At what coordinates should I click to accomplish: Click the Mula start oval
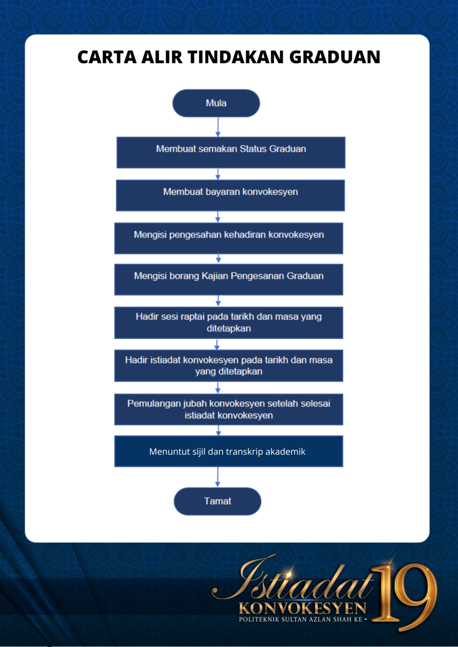click(x=216, y=103)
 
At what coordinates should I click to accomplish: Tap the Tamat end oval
click(x=217, y=501)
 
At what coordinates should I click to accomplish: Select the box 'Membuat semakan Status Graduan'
click(x=231, y=152)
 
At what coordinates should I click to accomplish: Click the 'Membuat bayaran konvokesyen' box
click(x=230, y=196)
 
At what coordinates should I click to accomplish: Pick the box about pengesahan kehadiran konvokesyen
click(x=229, y=238)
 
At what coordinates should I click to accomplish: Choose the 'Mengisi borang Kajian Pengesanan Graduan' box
click(x=229, y=280)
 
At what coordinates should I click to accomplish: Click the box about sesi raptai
click(x=229, y=323)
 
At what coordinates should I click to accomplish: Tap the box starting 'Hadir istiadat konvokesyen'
click(x=229, y=366)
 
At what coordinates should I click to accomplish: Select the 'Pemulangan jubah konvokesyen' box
click(x=229, y=409)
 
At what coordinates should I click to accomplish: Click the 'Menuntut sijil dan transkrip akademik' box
click(x=229, y=451)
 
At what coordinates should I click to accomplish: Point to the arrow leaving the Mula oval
click(x=218, y=127)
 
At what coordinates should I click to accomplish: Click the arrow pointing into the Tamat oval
click(x=217, y=477)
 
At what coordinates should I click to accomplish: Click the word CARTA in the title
click(x=107, y=57)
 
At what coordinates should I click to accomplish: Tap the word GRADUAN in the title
click(x=335, y=57)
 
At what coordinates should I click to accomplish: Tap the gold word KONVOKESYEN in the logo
click(x=303, y=609)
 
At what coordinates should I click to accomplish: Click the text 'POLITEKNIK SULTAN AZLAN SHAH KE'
click(x=301, y=619)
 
